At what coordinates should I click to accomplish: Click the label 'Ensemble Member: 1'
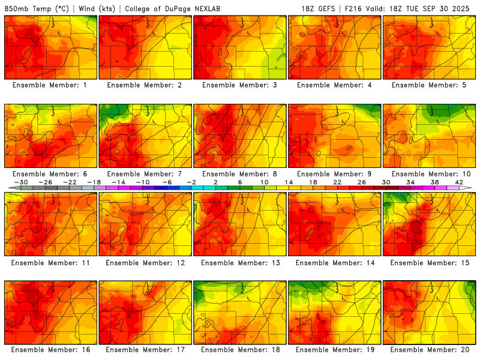click(50, 85)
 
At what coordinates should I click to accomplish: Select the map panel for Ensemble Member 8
click(239, 136)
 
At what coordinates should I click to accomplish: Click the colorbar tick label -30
click(22, 182)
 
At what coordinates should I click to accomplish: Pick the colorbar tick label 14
click(288, 182)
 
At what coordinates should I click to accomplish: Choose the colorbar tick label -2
click(191, 182)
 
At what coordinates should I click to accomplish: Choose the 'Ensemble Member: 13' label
click(239, 262)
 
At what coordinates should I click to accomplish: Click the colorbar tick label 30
click(385, 182)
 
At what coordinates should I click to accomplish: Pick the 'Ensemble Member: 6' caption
click(50, 174)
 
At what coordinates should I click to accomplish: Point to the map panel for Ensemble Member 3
click(239, 47)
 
